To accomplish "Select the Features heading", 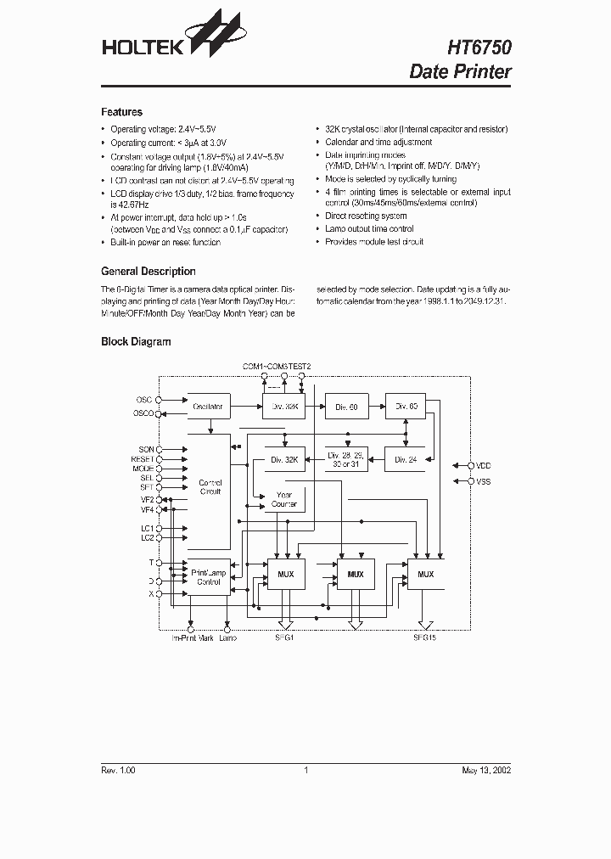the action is [x=121, y=112].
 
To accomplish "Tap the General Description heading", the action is [x=148, y=272].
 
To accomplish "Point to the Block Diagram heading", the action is [x=136, y=342].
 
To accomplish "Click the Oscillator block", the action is [x=208, y=407].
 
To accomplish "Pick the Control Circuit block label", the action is [x=210, y=487].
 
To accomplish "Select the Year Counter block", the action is [x=284, y=500].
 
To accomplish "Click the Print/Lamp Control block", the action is [x=208, y=577].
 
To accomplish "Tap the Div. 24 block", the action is [x=406, y=460].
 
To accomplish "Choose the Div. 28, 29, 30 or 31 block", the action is [x=345, y=460].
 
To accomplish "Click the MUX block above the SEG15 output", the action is [x=425, y=575].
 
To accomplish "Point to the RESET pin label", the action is [x=142, y=458].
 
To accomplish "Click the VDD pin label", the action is [x=484, y=466].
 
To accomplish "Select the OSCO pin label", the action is [x=143, y=413].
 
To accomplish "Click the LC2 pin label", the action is [x=146, y=537].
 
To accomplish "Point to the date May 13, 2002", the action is [x=486, y=770].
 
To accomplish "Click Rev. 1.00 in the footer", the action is [x=118, y=770].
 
